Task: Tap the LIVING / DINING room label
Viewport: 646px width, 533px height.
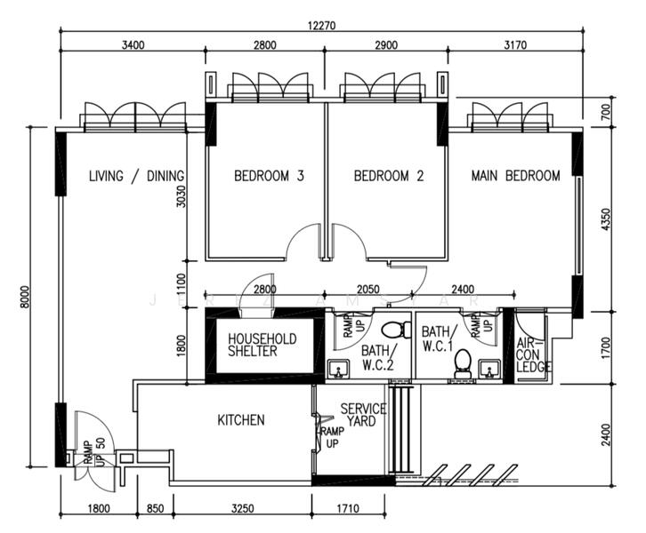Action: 136,176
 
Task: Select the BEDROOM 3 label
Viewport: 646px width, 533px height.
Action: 269,176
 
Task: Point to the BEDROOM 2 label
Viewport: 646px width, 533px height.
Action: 389,176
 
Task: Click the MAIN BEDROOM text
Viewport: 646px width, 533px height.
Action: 515,176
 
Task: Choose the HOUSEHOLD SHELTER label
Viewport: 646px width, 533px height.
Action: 262,345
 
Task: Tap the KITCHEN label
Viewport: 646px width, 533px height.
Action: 241,419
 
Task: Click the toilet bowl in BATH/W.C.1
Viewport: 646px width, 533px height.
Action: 462,362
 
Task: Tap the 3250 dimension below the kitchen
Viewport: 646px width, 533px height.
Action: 242,509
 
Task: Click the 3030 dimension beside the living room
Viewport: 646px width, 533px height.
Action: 181,195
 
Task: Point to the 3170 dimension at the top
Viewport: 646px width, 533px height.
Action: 534,45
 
